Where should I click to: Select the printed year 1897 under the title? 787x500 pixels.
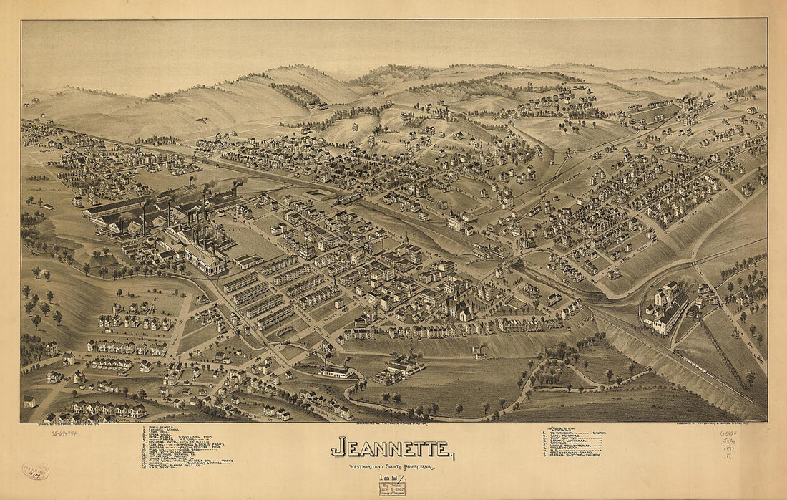point(392,478)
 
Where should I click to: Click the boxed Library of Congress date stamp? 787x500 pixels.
point(392,489)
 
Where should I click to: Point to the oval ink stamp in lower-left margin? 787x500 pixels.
point(35,471)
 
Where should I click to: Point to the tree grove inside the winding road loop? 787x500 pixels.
point(554,373)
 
